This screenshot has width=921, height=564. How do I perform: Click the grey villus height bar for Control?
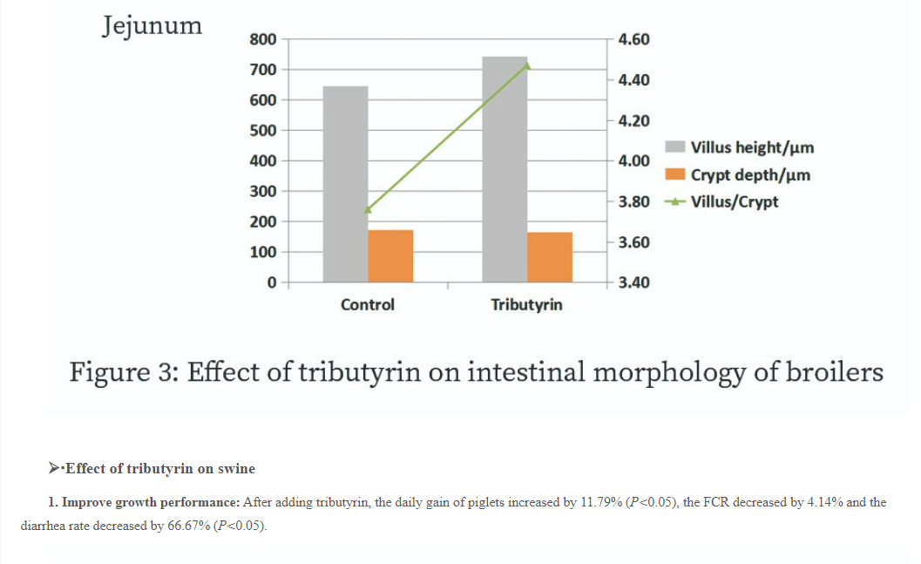pyautogui.click(x=345, y=183)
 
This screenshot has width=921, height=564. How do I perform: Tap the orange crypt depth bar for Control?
pyautogui.click(x=390, y=255)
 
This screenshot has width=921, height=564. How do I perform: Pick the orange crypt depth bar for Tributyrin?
pyautogui.click(x=550, y=256)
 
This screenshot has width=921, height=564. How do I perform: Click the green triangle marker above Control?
pyautogui.click(x=368, y=209)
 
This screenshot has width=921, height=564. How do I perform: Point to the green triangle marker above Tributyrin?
pyautogui.click(x=527, y=65)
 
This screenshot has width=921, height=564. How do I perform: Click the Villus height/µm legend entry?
pyautogui.click(x=751, y=147)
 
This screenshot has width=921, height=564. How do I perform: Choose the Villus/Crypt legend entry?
pyautogui.click(x=734, y=201)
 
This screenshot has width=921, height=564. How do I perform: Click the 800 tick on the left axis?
pyautogui.click(x=262, y=39)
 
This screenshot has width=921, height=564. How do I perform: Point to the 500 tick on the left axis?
pyautogui.click(x=262, y=131)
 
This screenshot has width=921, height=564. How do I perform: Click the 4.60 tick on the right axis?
pyautogui.click(x=633, y=39)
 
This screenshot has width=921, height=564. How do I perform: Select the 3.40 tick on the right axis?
pyautogui.click(x=633, y=282)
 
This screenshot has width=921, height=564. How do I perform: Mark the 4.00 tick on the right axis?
pyautogui.click(x=633, y=161)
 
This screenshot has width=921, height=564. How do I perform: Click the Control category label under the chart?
pyautogui.click(x=367, y=305)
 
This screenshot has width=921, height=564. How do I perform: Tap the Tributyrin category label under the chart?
pyautogui.click(x=526, y=305)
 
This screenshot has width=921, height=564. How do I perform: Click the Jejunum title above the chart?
pyautogui.click(x=152, y=25)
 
